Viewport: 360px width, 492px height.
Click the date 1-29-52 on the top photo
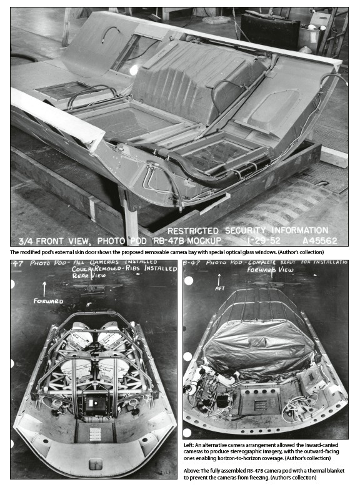tap(264, 240)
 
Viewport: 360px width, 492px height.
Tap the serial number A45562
tap(320, 240)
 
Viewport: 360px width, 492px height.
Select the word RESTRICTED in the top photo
tap(193, 231)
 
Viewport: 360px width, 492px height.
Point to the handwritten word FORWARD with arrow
tap(48, 301)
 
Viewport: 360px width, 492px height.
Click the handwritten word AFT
tap(220, 288)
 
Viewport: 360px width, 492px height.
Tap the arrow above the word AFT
tap(219, 279)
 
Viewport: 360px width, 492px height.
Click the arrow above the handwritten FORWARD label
tap(44, 289)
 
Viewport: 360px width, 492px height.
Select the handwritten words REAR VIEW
tap(89, 276)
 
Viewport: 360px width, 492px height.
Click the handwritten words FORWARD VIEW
tap(270, 270)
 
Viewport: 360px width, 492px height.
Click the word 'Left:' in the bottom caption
tap(189, 445)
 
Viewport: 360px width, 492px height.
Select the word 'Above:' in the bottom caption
tap(191, 471)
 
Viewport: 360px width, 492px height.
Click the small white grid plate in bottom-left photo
tap(95, 434)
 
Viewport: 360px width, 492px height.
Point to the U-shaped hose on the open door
tap(111, 33)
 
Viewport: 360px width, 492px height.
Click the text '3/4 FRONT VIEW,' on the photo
tap(56, 241)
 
